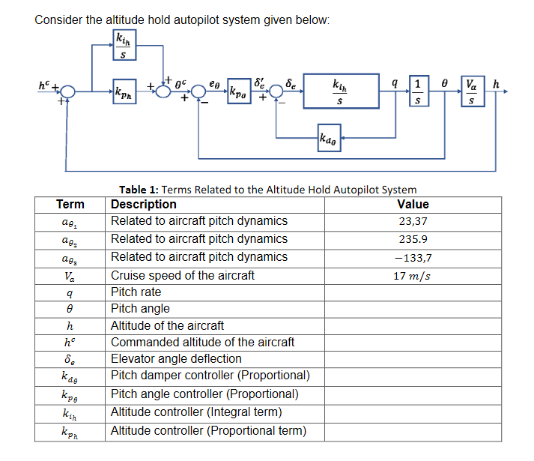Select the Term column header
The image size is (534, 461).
pyautogui.click(x=70, y=204)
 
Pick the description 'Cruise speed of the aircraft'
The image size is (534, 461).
pyautogui.click(x=183, y=275)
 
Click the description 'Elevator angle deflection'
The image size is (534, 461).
pyautogui.click(x=176, y=358)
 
